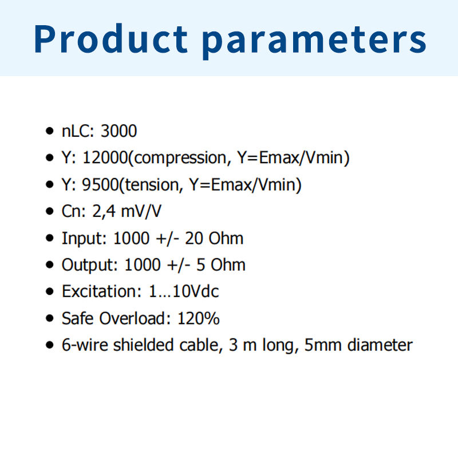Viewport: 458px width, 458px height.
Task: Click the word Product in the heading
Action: point(110,38)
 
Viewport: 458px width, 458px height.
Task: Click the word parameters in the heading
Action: point(314,41)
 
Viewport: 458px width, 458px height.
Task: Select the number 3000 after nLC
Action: point(119,131)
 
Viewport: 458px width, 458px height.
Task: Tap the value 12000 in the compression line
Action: point(105,158)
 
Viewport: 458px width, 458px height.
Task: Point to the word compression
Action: point(180,159)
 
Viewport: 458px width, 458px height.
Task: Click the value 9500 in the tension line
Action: point(100,184)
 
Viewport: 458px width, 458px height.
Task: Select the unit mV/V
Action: point(141,211)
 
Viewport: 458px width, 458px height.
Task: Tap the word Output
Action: point(90,265)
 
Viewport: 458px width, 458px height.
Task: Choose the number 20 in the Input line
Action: point(194,238)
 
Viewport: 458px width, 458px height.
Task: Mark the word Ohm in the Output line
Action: point(228,265)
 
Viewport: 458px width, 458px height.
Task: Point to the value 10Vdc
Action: point(196,291)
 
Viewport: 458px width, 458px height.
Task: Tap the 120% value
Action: point(199,318)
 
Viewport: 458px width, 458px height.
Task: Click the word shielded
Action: point(144,345)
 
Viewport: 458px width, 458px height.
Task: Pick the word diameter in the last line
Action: point(380,345)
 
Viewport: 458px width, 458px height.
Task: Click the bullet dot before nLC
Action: point(50,131)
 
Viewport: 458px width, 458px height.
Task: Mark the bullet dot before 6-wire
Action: point(50,345)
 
